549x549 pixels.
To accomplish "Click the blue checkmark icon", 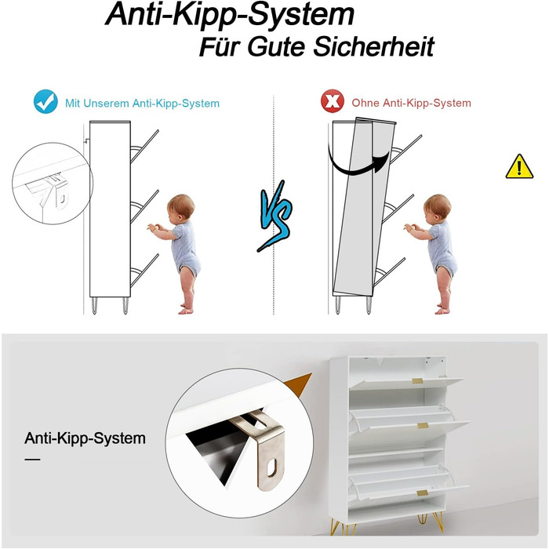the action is [45, 101].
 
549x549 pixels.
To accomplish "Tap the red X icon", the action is [333, 101].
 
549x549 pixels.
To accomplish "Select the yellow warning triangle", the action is [519, 166].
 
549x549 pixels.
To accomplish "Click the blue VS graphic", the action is [275, 216].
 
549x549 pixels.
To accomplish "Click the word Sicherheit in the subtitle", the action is [373, 46].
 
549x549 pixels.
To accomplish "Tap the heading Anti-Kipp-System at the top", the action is [230, 14].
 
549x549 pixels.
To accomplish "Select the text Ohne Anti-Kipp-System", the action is [411, 103].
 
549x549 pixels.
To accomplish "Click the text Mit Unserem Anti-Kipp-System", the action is [142, 104].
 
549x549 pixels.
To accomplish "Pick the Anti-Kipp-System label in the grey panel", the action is [85, 438].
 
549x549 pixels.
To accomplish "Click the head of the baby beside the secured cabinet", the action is [180, 206].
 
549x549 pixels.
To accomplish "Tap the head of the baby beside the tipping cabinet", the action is [438, 206].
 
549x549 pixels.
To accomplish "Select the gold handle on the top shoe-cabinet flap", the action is [418, 380].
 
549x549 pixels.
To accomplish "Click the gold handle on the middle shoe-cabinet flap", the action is [423, 425].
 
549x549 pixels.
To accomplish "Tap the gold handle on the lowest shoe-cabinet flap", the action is [422, 493].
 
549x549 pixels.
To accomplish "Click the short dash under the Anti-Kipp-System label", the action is [33, 460].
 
